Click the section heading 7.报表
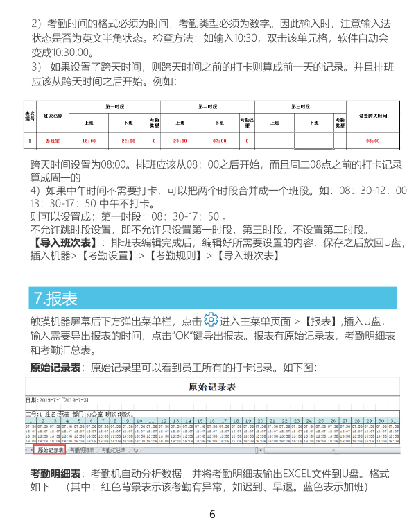coord(55,298)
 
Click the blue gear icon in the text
coord(211,320)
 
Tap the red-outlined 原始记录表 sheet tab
coord(69,450)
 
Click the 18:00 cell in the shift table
coord(89,141)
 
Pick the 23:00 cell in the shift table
coord(180,141)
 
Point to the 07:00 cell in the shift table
coord(220,141)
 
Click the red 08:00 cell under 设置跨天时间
coord(372,141)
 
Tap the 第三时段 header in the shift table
coord(300,106)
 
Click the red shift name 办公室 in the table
coord(53,141)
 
